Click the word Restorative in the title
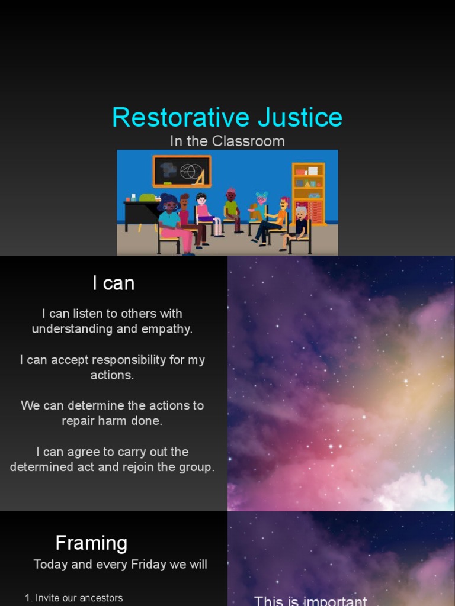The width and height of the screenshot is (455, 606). (x=172, y=117)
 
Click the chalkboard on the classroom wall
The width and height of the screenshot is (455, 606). (x=181, y=171)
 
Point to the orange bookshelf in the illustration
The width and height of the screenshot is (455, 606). (x=309, y=192)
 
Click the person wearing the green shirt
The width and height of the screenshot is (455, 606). (x=230, y=208)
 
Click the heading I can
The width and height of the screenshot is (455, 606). (x=113, y=283)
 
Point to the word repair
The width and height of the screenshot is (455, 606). (x=80, y=421)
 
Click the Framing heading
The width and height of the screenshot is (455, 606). (x=91, y=543)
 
